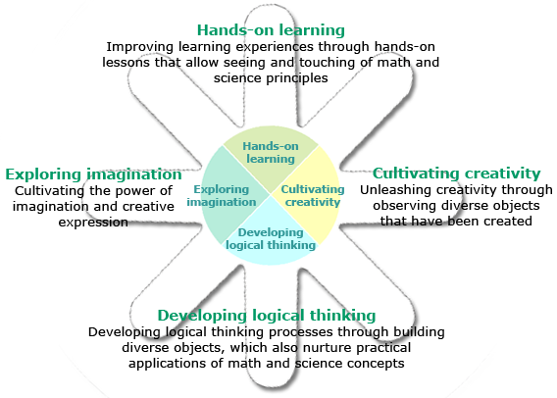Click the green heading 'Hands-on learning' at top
pos(271,30)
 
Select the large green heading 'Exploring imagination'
pos(93,174)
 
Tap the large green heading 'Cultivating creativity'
pos(456,174)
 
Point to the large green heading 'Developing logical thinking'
pos(267,316)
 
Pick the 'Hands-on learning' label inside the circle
pos(271,152)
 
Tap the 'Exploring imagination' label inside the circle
pos(222,196)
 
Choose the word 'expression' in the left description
pos(93,223)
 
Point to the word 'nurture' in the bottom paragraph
pos(328,348)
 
